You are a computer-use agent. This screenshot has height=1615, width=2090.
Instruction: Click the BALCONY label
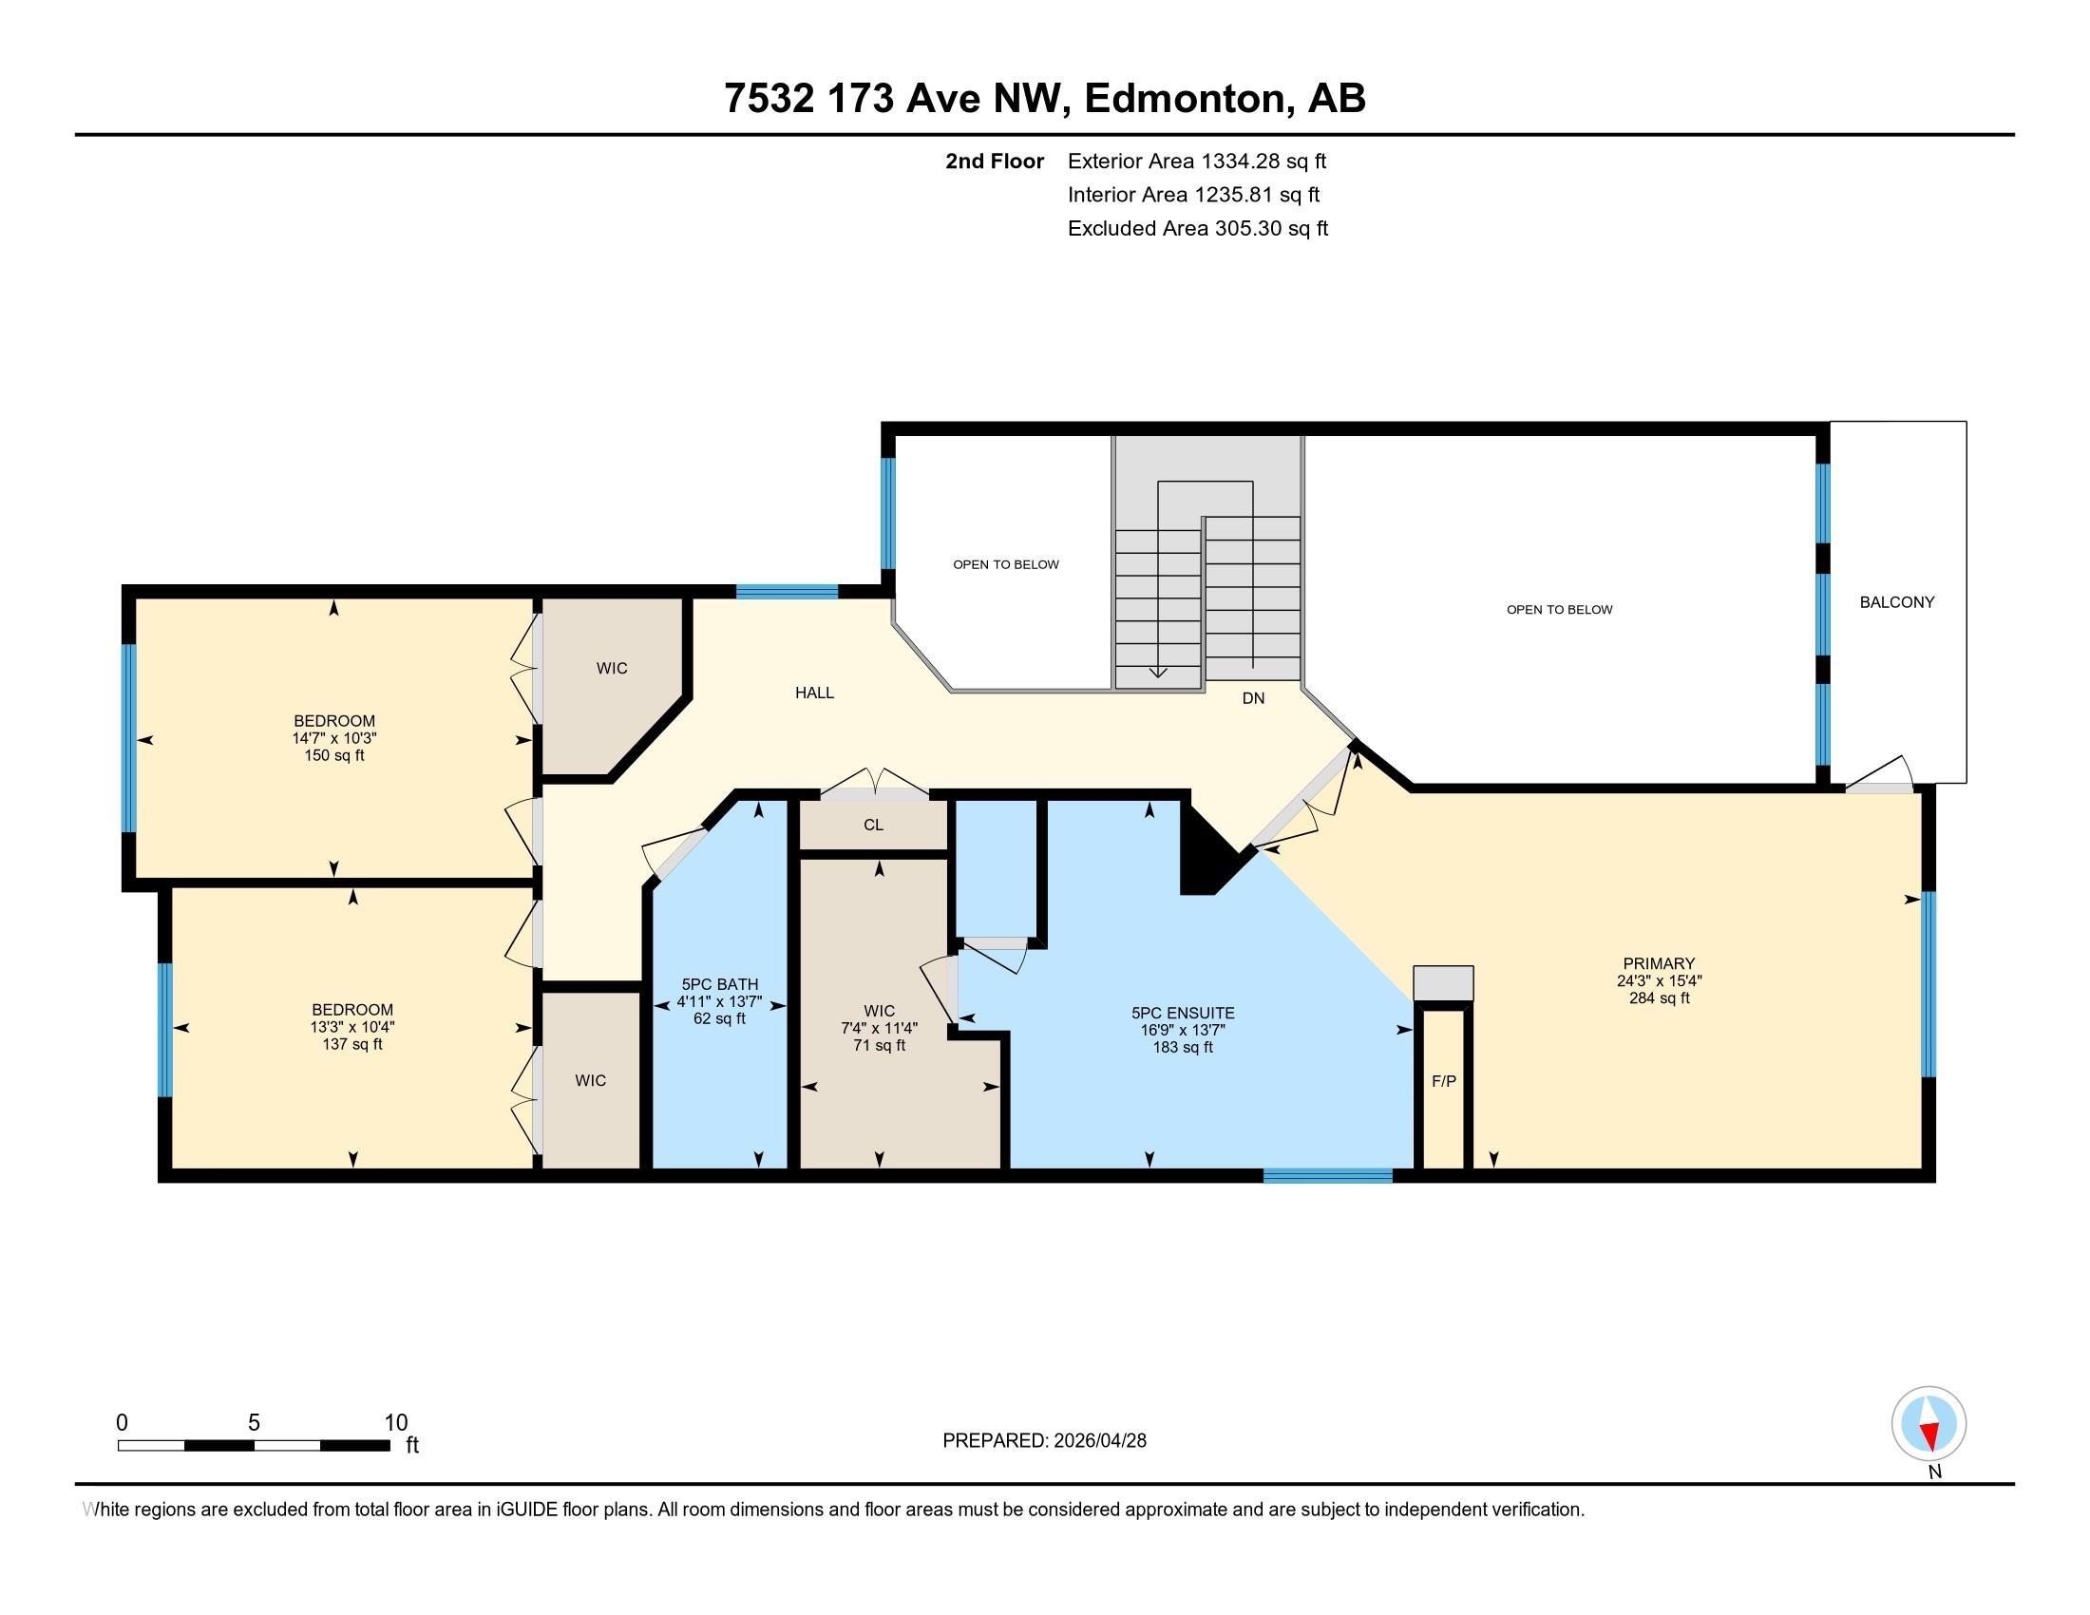point(1897,601)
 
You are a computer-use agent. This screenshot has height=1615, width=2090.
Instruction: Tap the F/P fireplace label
point(1444,1081)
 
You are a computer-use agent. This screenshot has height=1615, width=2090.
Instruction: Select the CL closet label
point(873,825)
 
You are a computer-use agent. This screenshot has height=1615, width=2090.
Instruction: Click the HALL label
point(814,693)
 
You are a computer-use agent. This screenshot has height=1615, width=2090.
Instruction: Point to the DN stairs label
point(1254,698)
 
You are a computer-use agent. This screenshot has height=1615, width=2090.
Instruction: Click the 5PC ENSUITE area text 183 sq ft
point(1183,1047)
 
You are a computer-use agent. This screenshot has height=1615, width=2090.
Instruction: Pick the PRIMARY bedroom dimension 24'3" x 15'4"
point(1660,980)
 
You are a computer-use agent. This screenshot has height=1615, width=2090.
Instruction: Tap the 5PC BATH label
point(720,984)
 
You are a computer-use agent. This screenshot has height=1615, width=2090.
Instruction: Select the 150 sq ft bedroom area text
point(334,756)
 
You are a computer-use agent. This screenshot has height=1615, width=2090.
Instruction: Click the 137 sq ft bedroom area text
point(352,1045)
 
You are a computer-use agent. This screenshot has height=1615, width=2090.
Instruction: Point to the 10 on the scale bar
point(396,1423)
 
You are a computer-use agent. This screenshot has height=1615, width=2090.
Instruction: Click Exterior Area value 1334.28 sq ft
point(1264,161)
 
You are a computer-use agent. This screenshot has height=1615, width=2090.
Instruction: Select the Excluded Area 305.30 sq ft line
point(1198,229)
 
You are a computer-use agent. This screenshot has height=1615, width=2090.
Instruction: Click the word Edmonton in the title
point(1183,99)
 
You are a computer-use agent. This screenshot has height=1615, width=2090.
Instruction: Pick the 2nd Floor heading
point(995,161)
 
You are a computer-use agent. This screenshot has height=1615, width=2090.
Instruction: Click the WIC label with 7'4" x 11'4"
point(880,1012)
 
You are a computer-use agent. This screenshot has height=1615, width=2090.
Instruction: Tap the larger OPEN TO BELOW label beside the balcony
point(1560,610)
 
